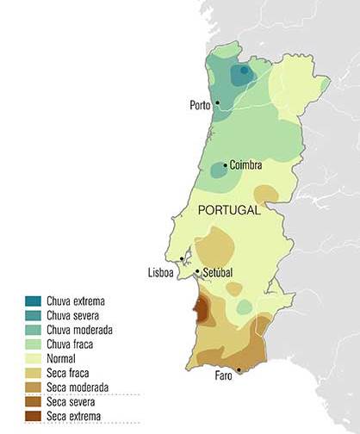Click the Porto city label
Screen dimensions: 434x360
pyautogui.click(x=200, y=106)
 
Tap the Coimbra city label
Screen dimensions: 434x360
pyautogui.click(x=245, y=164)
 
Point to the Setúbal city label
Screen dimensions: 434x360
pyautogui.click(x=218, y=273)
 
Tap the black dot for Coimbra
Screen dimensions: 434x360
pyautogui.click(x=226, y=164)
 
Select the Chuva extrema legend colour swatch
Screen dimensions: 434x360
pyautogui.click(x=34, y=301)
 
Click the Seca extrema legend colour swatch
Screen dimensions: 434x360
pyautogui.click(x=34, y=417)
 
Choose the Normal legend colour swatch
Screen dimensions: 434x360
pyautogui.click(x=34, y=359)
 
